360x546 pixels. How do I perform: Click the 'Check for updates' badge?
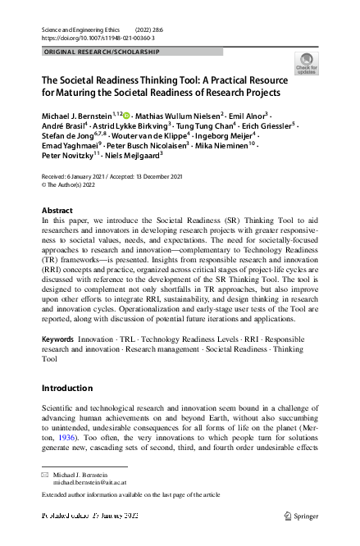[x=306, y=64]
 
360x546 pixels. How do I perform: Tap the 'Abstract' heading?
[x=57, y=211]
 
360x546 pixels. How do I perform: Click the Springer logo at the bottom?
[x=300, y=516]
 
